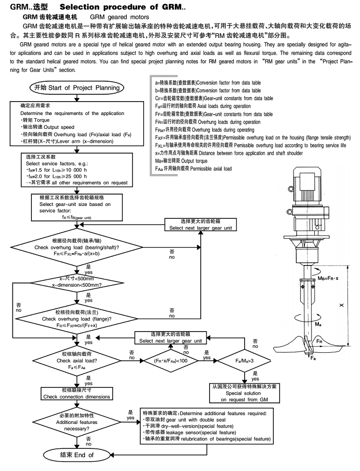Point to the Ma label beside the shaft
(x=318, y=325)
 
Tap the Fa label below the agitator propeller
(x=313, y=358)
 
